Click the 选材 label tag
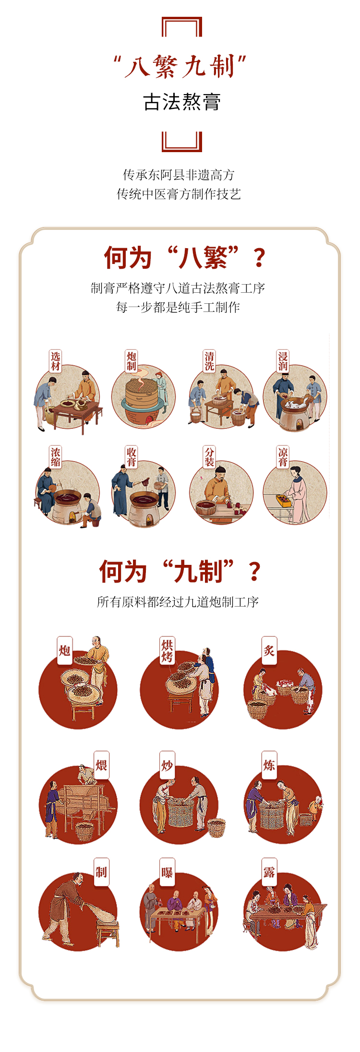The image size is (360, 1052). click(x=55, y=361)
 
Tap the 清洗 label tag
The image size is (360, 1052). click(x=209, y=361)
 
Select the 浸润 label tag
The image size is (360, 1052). click(x=283, y=361)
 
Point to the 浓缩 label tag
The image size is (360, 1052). click(x=55, y=457)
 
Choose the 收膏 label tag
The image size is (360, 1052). click(x=132, y=457)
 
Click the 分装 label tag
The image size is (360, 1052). click(x=209, y=457)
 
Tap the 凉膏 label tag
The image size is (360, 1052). click(x=283, y=457)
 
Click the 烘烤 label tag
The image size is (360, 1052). click(x=167, y=651)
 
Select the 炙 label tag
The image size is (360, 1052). click(x=269, y=650)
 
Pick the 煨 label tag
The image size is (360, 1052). click(x=101, y=765)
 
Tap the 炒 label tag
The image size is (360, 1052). click(x=167, y=765)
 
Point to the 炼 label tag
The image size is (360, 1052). click(x=269, y=765)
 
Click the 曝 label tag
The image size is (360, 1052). click(x=167, y=872)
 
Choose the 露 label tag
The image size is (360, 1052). click(x=269, y=872)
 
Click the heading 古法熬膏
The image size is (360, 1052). click(x=182, y=102)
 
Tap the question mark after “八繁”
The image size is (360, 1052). click(x=259, y=258)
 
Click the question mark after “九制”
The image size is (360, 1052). click(x=255, y=572)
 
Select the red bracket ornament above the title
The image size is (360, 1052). click(x=182, y=26)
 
